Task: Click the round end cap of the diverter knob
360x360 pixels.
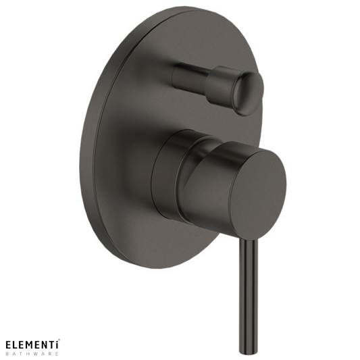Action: point(248,92)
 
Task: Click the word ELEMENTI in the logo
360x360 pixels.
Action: point(31,344)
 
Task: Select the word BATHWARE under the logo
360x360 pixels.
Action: point(31,353)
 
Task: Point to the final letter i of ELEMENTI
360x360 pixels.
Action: point(57,344)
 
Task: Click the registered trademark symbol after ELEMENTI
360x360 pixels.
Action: point(59,340)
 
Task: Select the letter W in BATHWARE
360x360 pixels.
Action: point(36,353)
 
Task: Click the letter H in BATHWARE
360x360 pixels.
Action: point(28,353)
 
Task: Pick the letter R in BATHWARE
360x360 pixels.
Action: point(50,353)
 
